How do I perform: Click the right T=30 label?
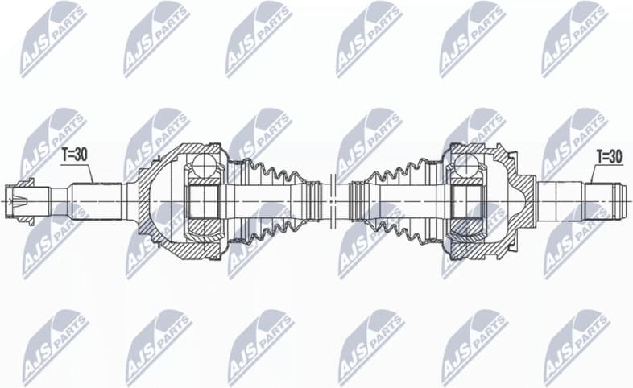(609, 156)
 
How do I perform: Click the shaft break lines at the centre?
(330, 198)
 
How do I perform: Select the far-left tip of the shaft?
(7, 198)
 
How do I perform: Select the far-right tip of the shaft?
(626, 198)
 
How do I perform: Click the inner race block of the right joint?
(462, 200)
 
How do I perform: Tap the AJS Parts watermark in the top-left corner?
(53, 35)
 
